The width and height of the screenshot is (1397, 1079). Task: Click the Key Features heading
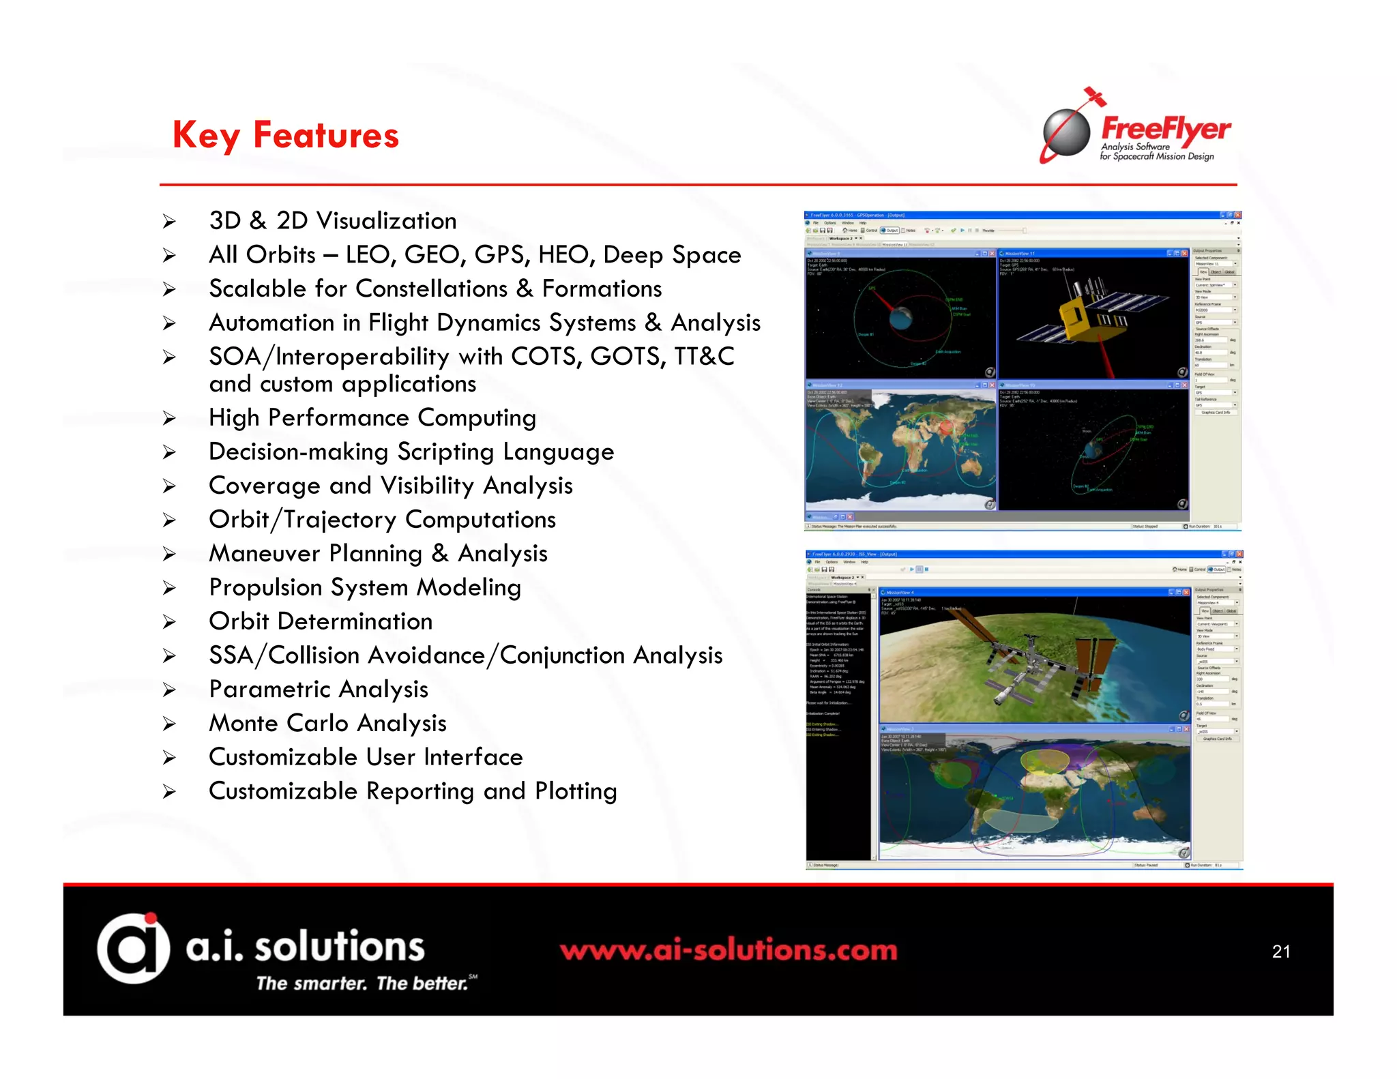tap(285, 135)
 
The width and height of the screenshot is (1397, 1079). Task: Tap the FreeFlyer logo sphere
tap(1067, 132)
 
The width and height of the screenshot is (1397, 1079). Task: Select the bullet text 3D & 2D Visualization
tap(332, 221)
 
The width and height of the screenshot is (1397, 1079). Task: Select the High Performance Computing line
tap(372, 418)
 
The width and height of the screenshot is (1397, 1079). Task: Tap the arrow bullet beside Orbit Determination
tap(169, 622)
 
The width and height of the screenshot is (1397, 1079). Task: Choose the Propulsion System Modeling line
tap(365, 588)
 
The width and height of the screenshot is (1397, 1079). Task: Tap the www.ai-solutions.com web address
tap(729, 950)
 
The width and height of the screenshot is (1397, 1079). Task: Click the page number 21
tap(1280, 951)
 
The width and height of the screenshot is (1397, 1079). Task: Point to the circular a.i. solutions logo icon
tap(133, 948)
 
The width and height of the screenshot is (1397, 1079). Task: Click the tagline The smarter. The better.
tap(363, 984)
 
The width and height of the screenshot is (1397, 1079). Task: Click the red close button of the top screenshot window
tap(1237, 215)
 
